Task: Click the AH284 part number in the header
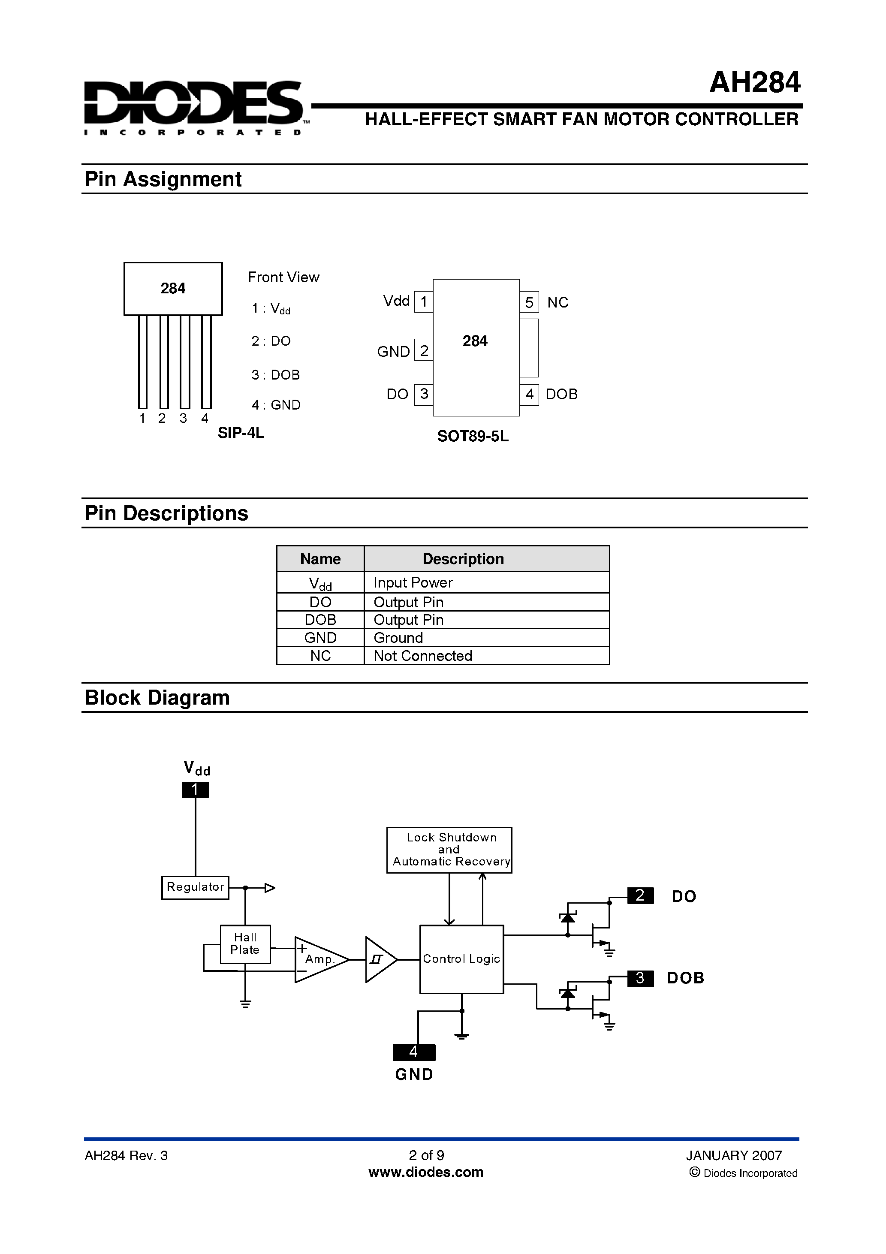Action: (x=754, y=83)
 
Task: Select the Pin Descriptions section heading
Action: (x=166, y=513)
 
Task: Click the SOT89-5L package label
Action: (x=473, y=437)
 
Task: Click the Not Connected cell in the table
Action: (x=423, y=656)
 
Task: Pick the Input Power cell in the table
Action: (x=413, y=583)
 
